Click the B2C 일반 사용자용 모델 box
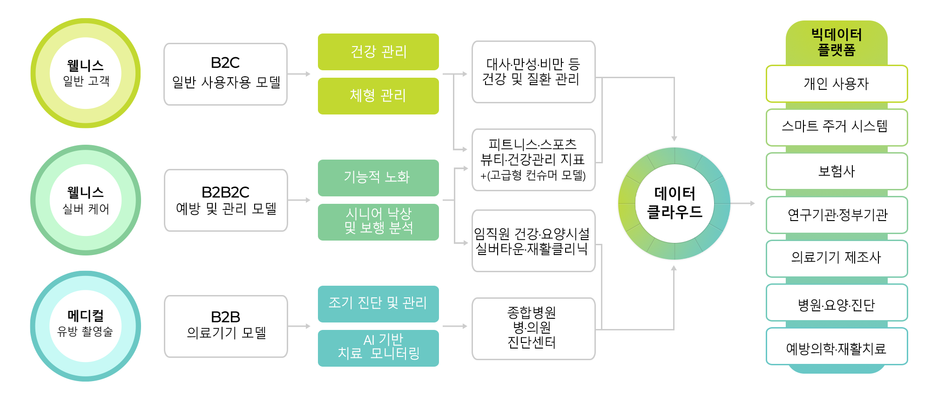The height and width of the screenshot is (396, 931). (x=225, y=74)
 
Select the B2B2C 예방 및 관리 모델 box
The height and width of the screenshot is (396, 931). (x=226, y=200)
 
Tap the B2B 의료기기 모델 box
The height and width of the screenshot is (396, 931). (x=226, y=326)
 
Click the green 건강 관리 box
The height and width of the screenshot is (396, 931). (x=378, y=52)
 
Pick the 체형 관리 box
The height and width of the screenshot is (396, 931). (x=378, y=96)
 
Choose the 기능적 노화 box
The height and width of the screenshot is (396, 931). (x=378, y=178)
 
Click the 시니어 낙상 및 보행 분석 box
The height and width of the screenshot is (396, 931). (x=378, y=222)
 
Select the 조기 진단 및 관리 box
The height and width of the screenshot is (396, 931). (x=378, y=304)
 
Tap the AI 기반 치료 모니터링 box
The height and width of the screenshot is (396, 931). (x=378, y=348)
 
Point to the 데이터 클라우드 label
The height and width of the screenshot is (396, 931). (x=675, y=202)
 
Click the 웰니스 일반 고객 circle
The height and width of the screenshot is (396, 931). (x=86, y=73)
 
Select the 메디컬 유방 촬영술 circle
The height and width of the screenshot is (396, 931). (x=86, y=326)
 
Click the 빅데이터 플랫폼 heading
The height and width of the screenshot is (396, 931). (x=837, y=42)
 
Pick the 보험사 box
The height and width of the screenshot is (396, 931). (x=837, y=171)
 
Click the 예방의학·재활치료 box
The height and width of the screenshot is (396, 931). (x=837, y=346)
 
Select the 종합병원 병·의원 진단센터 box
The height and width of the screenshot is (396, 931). (x=533, y=329)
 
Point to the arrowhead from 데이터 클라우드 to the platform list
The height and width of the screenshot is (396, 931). (x=752, y=203)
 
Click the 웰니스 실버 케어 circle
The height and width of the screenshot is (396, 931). (x=86, y=200)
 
